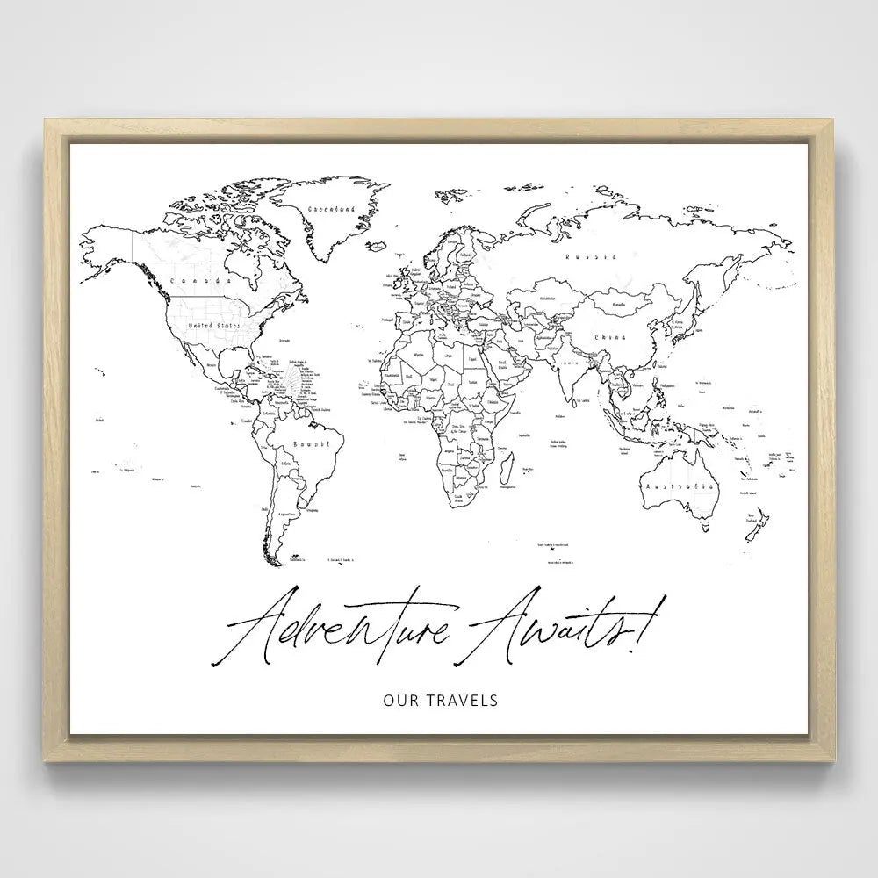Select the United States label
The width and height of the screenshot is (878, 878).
(215, 325)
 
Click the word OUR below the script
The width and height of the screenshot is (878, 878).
(400, 700)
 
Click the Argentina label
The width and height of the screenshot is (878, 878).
(286, 515)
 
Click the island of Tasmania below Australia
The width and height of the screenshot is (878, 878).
(703, 529)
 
